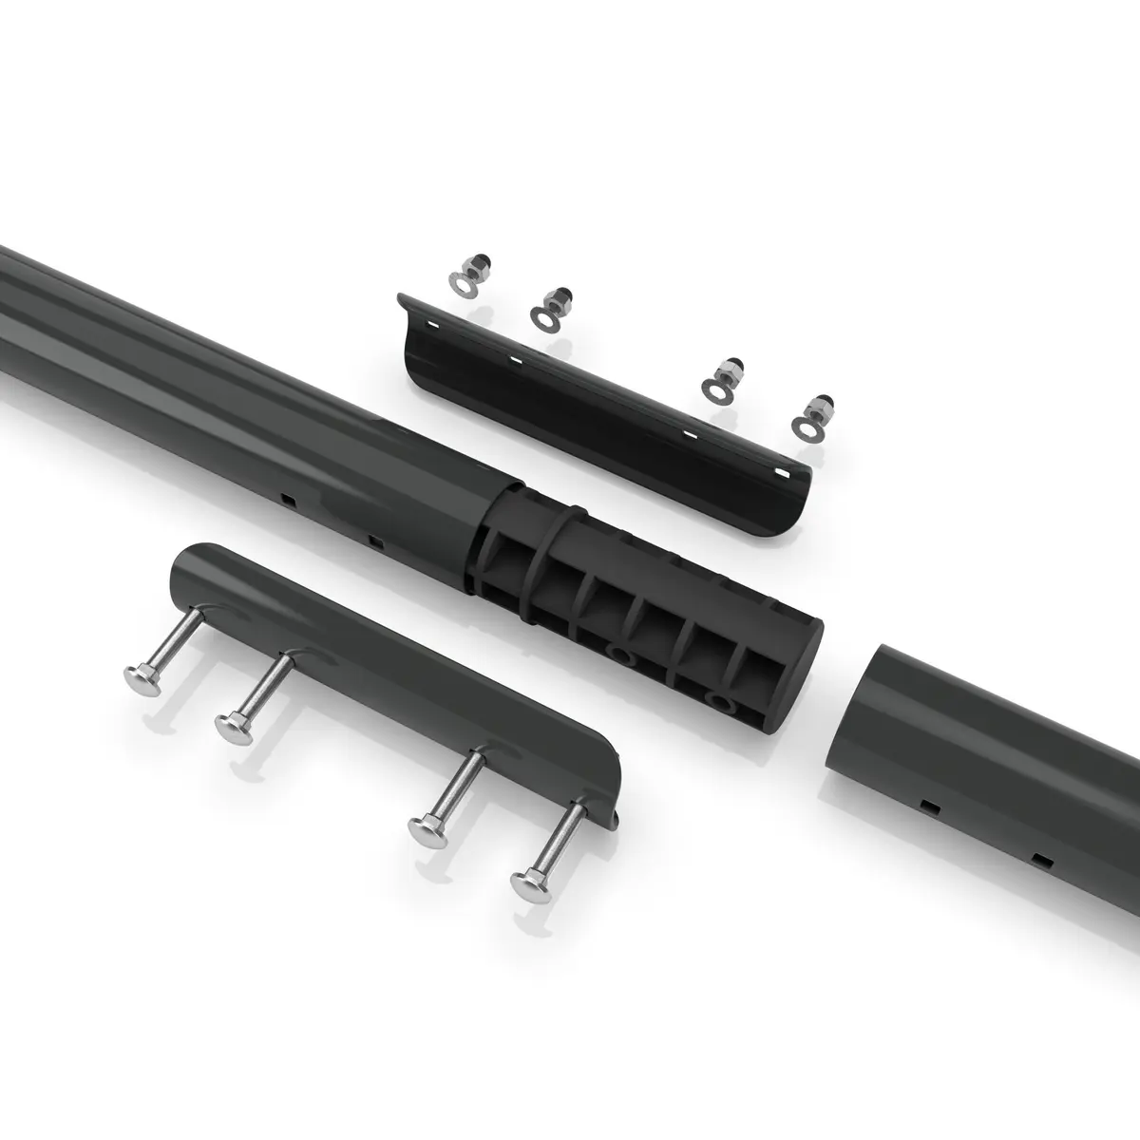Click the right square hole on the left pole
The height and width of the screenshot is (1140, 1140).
tap(377, 542)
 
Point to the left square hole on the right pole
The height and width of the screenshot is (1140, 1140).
tap(929, 806)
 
